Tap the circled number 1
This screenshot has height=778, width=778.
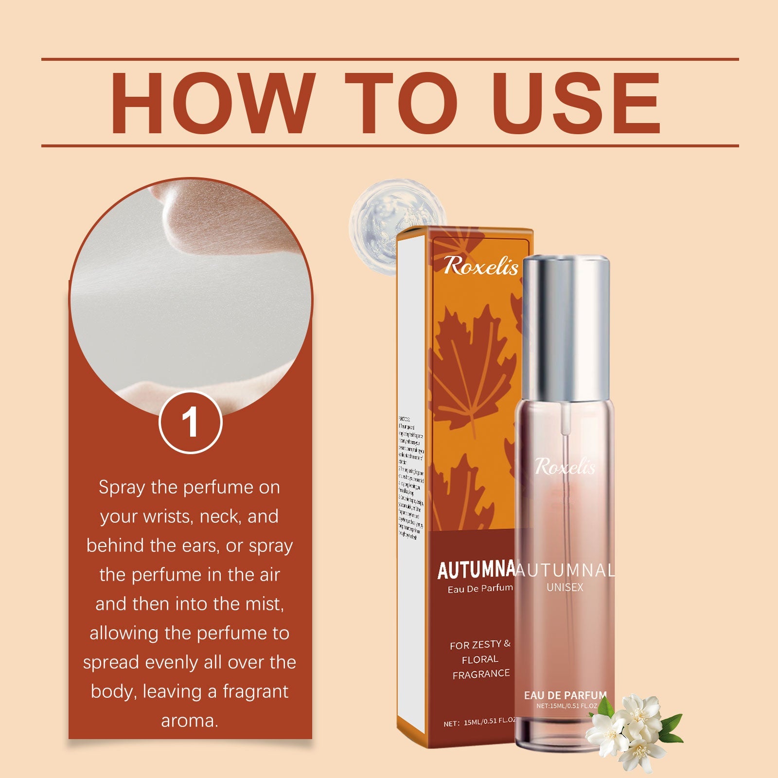(190, 422)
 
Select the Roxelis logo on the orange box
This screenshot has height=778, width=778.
(480, 265)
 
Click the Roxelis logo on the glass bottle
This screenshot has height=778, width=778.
(565, 467)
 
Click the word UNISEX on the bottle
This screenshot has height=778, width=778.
(565, 587)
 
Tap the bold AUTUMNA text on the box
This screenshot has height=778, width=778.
(476, 570)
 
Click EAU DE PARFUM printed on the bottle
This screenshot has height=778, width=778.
(565, 695)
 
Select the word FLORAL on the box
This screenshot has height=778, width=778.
(480, 659)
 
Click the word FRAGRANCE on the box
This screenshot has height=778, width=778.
(481, 674)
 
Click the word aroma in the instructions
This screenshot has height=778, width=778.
(190, 721)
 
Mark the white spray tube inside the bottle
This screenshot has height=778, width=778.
(565, 423)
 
